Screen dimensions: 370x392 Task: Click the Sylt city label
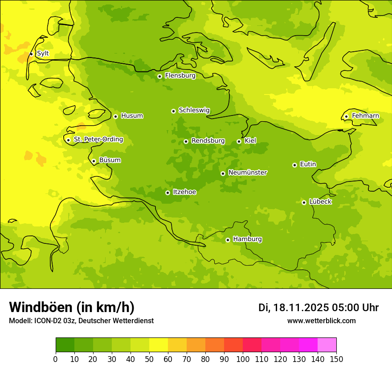[43, 53]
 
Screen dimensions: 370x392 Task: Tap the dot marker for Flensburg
[159, 76]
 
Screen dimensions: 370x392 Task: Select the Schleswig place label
[194, 110]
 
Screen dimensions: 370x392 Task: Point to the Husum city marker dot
[115, 116]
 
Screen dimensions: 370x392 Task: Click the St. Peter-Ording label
[98, 140]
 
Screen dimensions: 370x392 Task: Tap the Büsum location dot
[94, 161]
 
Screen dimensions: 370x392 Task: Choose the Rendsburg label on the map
[208, 141]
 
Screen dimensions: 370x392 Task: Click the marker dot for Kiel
[239, 141]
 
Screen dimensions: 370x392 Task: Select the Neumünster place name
[247, 173]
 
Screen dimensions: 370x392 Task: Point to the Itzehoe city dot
[167, 193]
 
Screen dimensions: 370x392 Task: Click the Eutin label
[308, 164]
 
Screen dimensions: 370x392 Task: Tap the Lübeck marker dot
[304, 202]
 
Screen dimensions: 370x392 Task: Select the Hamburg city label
[247, 239]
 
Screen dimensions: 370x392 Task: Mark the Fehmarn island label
[365, 116]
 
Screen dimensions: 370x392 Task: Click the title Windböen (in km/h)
[72, 307]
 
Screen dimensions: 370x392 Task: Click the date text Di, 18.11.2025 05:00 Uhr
[318, 308]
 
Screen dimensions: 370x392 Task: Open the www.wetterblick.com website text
[321, 321]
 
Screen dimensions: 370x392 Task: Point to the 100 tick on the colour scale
[243, 359]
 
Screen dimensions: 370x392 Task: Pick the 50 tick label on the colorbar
[149, 359]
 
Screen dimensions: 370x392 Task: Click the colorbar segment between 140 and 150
[327, 345]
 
